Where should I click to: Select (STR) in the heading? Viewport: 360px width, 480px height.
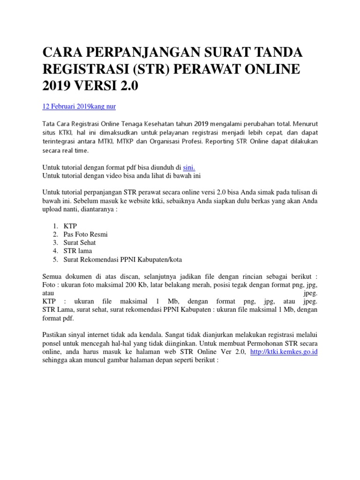(x=150, y=69)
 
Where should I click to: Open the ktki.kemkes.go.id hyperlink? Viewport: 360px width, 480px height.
(x=284, y=352)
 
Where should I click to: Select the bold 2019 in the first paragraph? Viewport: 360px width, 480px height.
(x=201, y=124)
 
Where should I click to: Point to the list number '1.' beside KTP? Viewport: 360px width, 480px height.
(x=55, y=225)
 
